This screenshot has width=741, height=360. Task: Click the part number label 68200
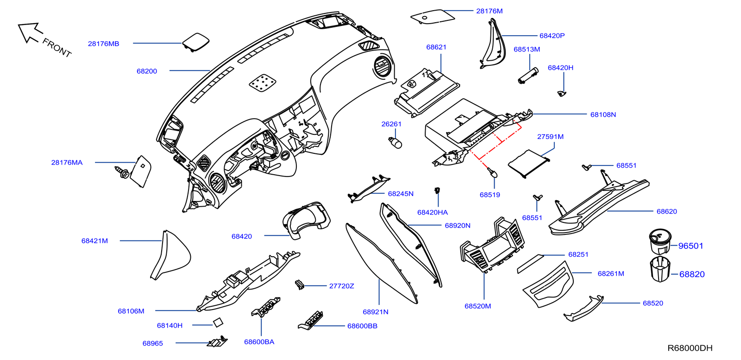pyautogui.click(x=147, y=71)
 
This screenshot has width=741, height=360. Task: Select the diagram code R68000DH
pyautogui.click(x=690, y=348)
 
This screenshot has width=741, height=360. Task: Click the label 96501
pyautogui.click(x=691, y=246)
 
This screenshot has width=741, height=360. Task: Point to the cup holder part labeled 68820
pyautogui.click(x=660, y=269)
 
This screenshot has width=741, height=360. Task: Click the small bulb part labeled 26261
pyautogui.click(x=396, y=142)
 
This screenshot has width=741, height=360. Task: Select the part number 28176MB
pyautogui.click(x=104, y=44)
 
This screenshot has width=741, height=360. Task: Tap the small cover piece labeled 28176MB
pyautogui.click(x=196, y=41)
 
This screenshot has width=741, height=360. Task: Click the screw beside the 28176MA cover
pyautogui.click(x=122, y=173)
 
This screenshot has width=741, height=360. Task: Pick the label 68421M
pyautogui.click(x=94, y=241)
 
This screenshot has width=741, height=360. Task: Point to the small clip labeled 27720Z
pyautogui.click(x=299, y=284)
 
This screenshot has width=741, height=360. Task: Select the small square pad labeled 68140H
pyautogui.click(x=217, y=322)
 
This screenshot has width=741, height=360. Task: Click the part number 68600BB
pyautogui.click(x=362, y=326)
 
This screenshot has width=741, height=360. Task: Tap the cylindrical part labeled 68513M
pyautogui.click(x=527, y=76)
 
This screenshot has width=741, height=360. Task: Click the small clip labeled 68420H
pyautogui.click(x=562, y=94)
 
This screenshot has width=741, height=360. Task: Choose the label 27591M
pyautogui.click(x=550, y=137)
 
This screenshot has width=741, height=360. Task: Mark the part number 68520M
pyautogui.click(x=477, y=306)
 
